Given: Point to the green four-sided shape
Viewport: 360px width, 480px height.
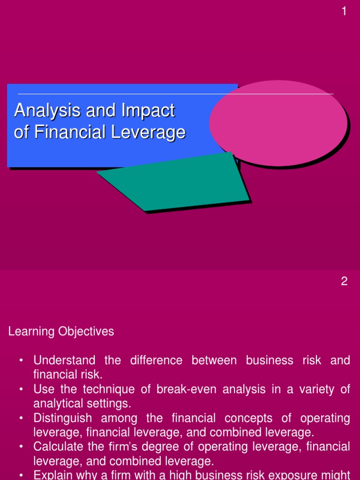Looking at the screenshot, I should pos(180,183).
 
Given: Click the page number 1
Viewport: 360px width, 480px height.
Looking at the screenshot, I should pos(345,12).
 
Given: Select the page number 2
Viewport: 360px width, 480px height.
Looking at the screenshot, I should pos(345,282).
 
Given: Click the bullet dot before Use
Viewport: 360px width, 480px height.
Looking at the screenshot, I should pos(21,390).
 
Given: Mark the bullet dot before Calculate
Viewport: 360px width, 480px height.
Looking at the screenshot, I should pos(21,447).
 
